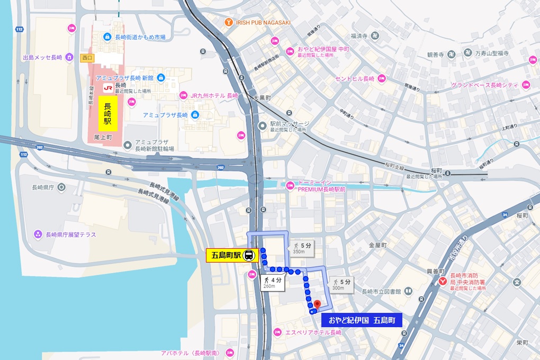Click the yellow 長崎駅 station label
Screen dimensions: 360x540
click(x=107, y=113)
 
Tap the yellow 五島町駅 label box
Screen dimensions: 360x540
click(x=226, y=255)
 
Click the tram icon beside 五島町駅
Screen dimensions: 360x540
click(x=249, y=255)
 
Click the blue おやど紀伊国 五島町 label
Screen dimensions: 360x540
click(x=362, y=320)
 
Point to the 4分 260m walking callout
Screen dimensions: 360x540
click(x=273, y=283)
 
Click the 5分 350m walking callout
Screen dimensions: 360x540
click(x=301, y=248)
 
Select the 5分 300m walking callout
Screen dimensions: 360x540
click(x=341, y=284)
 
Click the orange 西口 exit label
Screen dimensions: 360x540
click(x=87, y=57)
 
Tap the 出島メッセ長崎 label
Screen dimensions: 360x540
click(x=43, y=57)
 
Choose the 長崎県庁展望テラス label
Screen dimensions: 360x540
click(x=71, y=235)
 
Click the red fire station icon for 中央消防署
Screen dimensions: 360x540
click(x=443, y=282)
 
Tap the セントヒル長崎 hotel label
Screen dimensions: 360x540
click(x=354, y=78)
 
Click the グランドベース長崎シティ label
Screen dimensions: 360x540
click(x=484, y=85)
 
